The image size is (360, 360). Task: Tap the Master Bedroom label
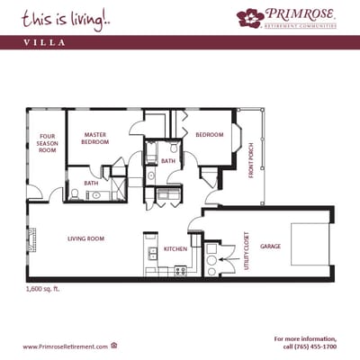pos(95,139)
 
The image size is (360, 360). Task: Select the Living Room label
pos(86,238)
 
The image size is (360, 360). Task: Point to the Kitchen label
pos(175,248)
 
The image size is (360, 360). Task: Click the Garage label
pos(271,246)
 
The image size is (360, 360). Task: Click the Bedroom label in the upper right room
pos(210,134)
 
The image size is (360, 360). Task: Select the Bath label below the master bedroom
pos(92,183)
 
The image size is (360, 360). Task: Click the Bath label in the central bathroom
pos(168,161)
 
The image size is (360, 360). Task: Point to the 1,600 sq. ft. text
pos(44,290)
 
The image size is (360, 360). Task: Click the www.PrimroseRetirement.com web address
pos(65,346)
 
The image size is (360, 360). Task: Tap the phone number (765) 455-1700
pos(311,346)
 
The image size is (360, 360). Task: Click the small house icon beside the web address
pos(114,346)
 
